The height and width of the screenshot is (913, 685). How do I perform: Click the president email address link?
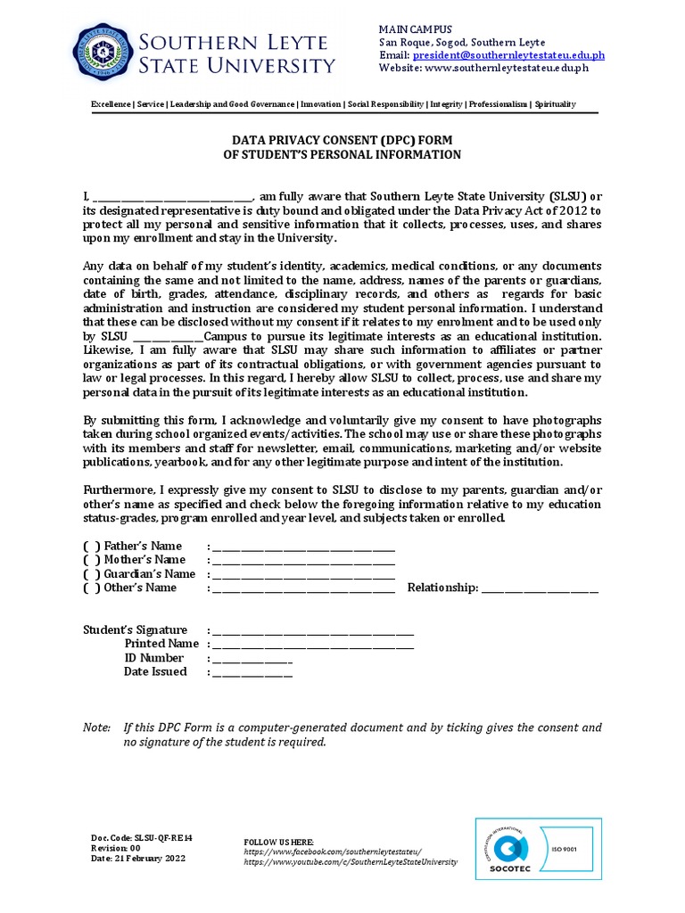coord(508,54)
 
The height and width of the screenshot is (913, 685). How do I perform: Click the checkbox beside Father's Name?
coord(92,546)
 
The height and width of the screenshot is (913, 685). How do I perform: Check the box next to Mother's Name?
coord(92,560)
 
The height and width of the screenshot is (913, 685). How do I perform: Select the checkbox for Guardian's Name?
coord(92,574)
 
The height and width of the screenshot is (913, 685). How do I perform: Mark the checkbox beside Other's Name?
coord(92,588)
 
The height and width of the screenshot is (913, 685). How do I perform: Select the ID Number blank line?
coord(252,660)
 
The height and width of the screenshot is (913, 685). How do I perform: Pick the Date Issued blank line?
coord(252,674)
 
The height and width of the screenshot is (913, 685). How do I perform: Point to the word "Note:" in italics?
coord(96,728)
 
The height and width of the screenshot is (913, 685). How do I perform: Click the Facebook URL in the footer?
coord(332,852)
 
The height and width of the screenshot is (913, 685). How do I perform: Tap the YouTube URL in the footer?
coord(350,862)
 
